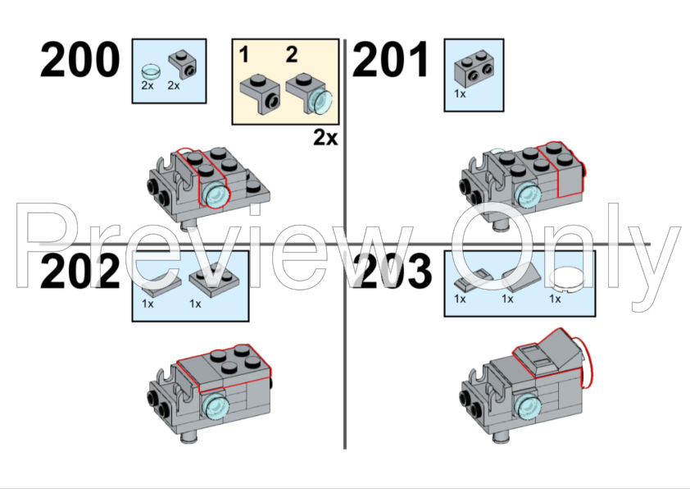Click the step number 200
(x=79, y=59)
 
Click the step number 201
(x=391, y=59)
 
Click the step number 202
(x=79, y=272)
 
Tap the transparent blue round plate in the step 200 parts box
(x=151, y=71)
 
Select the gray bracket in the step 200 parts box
(x=182, y=64)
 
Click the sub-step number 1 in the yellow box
(x=244, y=55)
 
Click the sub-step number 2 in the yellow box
(x=292, y=55)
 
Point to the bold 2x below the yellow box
(x=325, y=138)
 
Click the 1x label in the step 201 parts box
(x=460, y=94)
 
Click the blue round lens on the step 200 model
(x=216, y=194)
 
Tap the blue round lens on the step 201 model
(x=528, y=194)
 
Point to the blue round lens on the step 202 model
(x=216, y=407)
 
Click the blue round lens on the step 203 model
(x=528, y=407)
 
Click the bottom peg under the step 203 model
(x=502, y=436)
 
